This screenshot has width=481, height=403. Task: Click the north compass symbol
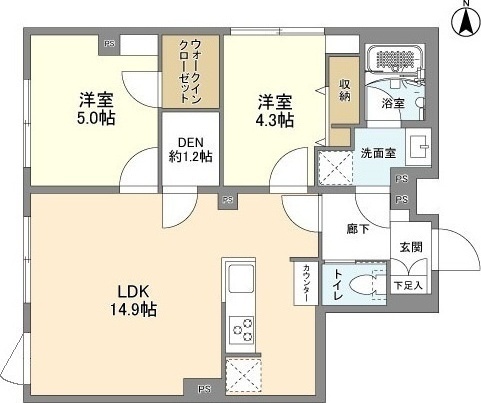[466, 19]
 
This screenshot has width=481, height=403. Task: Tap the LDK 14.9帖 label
[133, 301]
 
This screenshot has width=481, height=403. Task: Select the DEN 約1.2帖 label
[191, 149]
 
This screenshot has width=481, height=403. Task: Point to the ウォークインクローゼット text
[191, 71]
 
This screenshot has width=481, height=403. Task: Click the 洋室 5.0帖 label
[96, 109]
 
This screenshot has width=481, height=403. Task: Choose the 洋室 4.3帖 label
[275, 111]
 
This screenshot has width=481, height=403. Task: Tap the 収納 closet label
[345, 90]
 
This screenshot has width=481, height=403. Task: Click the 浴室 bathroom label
[393, 104]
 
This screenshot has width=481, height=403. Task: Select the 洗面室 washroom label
[378, 153]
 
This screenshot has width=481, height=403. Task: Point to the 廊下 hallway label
[358, 229]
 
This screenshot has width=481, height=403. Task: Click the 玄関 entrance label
[411, 247]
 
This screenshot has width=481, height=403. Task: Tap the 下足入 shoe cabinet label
[408, 285]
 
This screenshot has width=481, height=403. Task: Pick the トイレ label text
[338, 284]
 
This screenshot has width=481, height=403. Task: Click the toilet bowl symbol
[366, 284]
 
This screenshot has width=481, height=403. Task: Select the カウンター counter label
[306, 282]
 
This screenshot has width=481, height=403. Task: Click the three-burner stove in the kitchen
[242, 330]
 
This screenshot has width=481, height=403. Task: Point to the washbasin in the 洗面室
[418, 147]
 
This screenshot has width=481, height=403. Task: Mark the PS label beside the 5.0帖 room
[109, 43]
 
